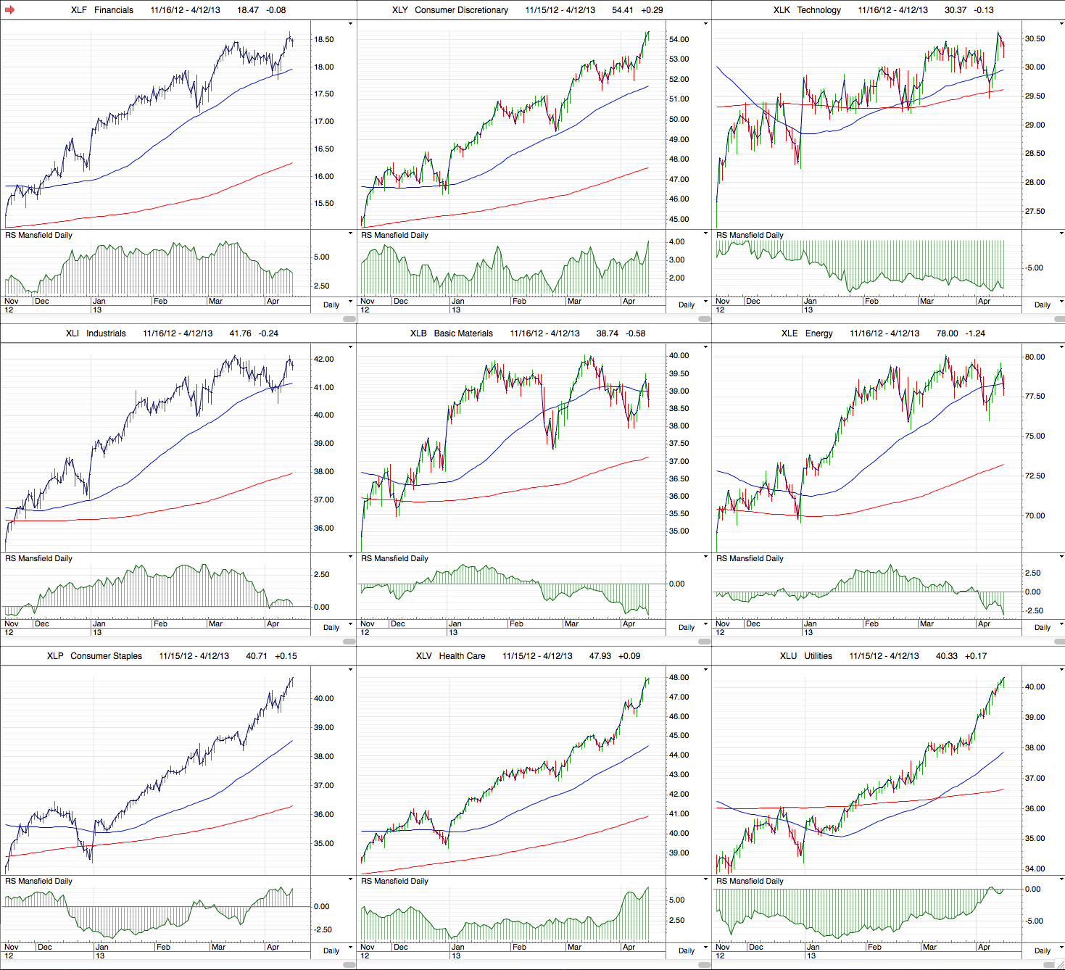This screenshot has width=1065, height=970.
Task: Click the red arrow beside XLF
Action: pyautogui.click(x=9, y=10)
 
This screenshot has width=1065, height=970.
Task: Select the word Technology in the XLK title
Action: pyautogui.click(x=819, y=10)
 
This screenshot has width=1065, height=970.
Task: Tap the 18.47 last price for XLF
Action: pyautogui.click(x=248, y=10)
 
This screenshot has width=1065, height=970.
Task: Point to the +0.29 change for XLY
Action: pyautogui.click(x=652, y=10)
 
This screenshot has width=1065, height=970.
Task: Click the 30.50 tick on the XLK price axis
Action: pyautogui.click(x=1035, y=39)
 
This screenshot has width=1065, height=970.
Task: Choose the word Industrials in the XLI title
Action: pyautogui.click(x=106, y=333)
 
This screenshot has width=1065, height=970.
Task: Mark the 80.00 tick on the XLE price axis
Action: pyautogui.click(x=1035, y=357)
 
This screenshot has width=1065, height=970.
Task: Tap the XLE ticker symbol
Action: pyautogui.click(x=790, y=333)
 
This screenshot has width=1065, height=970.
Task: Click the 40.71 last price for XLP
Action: pyautogui.click(x=257, y=656)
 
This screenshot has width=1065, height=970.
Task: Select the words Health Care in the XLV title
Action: pyautogui.click(x=462, y=656)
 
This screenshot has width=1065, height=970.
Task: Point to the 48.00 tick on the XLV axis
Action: pyautogui.click(x=679, y=678)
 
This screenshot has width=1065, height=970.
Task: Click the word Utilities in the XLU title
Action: pyautogui.click(x=818, y=656)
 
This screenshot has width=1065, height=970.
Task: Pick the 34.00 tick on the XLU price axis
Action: pyautogui.click(x=1035, y=869)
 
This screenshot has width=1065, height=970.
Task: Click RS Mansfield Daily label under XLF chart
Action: pyautogui.click(x=38, y=235)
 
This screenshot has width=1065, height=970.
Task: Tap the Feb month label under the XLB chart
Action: pyautogui.click(x=516, y=623)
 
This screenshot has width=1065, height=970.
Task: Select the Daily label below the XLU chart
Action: pyautogui.click(x=1043, y=950)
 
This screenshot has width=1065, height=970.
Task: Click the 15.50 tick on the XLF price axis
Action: pyautogui.click(x=324, y=204)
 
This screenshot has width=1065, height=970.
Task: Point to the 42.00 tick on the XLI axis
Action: pyautogui.click(x=323, y=360)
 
